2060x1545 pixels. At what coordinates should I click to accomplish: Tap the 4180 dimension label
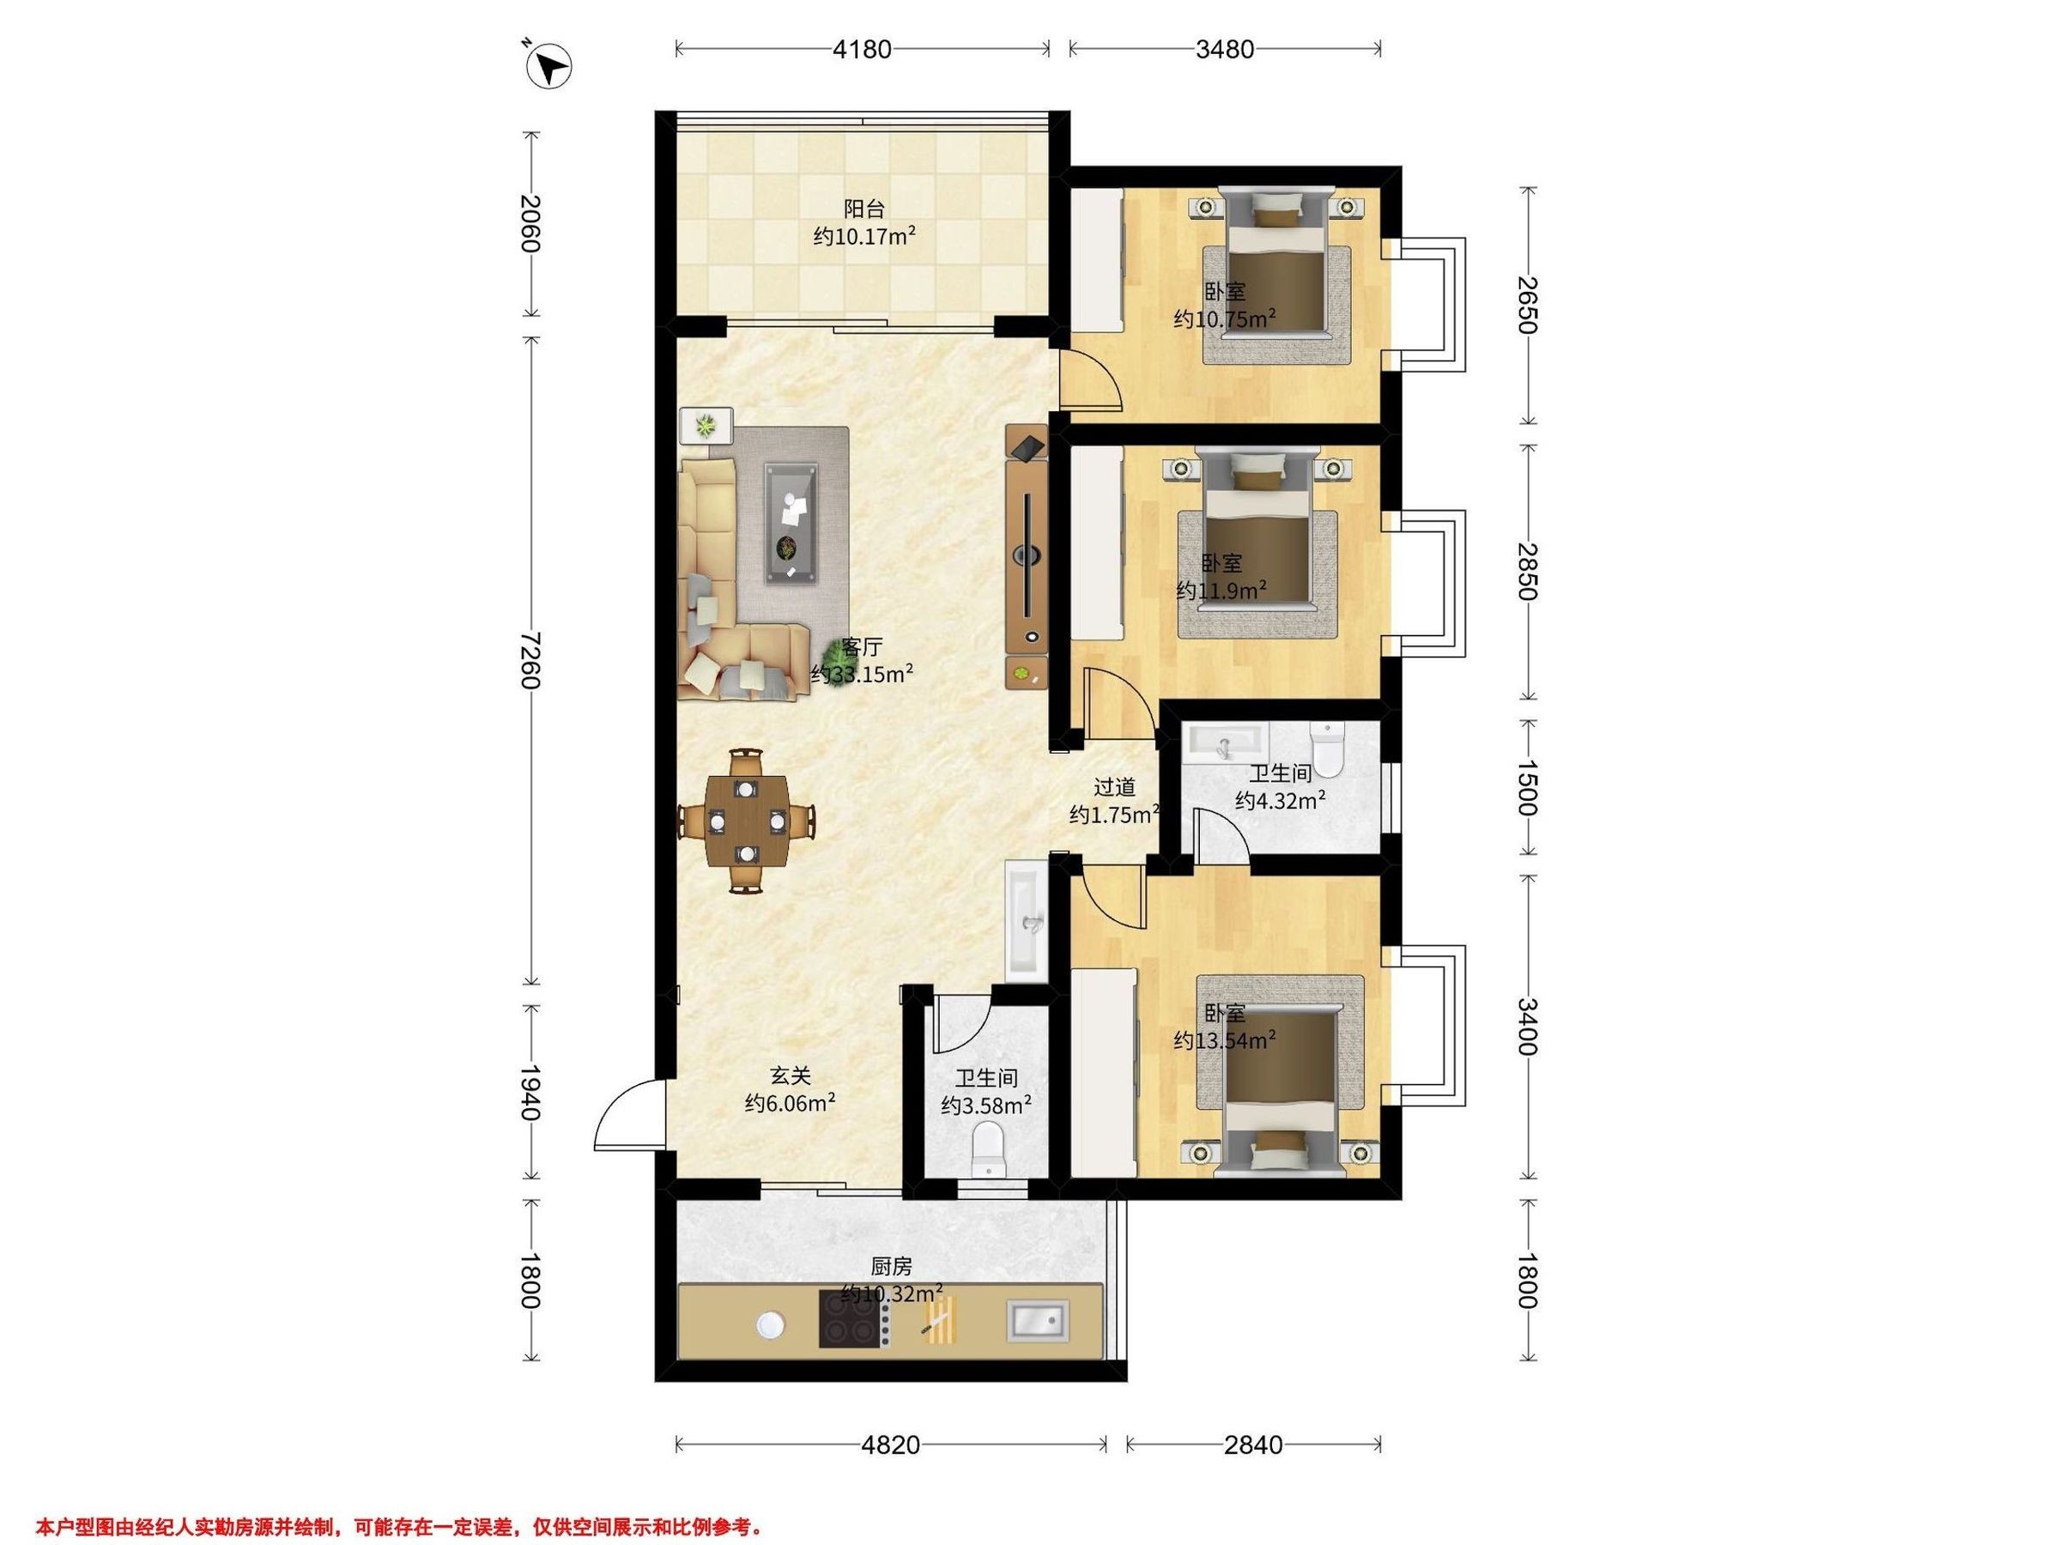[862, 50]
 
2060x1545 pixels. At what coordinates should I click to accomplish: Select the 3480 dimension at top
[1225, 50]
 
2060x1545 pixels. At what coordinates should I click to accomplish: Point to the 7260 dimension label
[530, 659]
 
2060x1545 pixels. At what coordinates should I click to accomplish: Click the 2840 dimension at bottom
[1252, 1445]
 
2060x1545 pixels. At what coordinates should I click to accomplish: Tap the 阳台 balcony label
[863, 209]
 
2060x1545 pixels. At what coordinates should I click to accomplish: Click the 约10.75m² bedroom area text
[1224, 318]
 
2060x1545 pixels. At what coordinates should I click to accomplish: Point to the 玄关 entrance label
[790, 1076]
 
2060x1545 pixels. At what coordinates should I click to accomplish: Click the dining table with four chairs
[747, 821]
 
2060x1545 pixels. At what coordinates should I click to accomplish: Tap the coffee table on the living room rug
[792, 524]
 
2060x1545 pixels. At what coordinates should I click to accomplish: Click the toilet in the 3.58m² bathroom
[987, 1150]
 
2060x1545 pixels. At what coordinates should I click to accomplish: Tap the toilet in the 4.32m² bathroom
[1326, 749]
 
